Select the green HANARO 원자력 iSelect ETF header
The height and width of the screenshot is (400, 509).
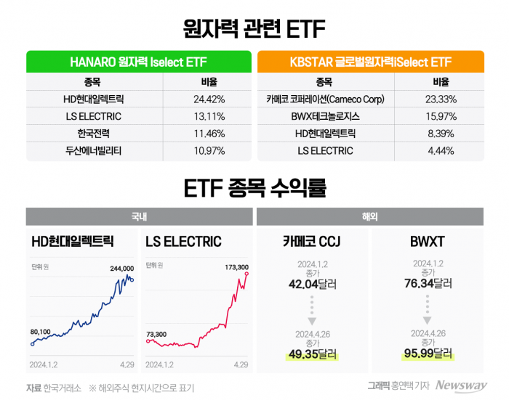(x=139, y=62)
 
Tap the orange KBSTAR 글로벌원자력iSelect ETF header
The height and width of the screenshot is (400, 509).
(x=371, y=62)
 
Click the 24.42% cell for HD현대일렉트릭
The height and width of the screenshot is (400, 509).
(x=208, y=99)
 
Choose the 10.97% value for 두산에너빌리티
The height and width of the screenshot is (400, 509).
(x=208, y=151)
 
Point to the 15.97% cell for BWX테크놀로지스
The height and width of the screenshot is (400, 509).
(x=441, y=116)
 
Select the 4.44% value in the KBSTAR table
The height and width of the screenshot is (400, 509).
(x=441, y=151)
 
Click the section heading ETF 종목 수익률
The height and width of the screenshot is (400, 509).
(x=254, y=188)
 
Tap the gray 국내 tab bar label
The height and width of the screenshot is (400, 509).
(x=138, y=216)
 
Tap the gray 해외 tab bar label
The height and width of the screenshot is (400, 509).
(x=370, y=216)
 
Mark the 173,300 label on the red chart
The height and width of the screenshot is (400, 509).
(x=237, y=267)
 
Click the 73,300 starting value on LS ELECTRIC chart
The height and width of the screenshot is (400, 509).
(x=156, y=334)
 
